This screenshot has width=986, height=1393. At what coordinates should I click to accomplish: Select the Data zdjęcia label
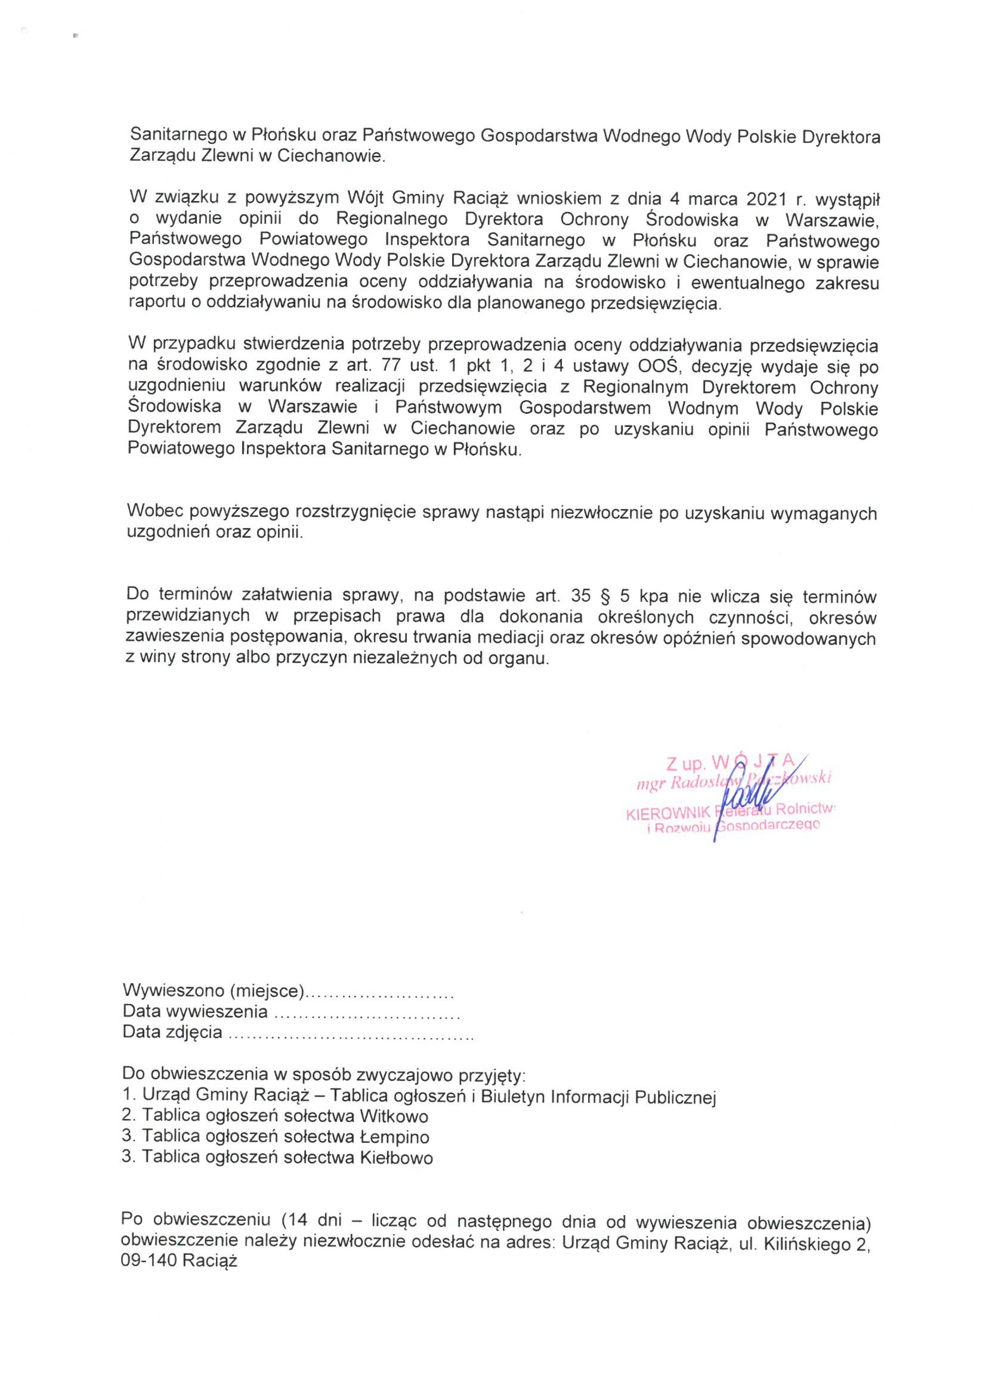(x=173, y=1032)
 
